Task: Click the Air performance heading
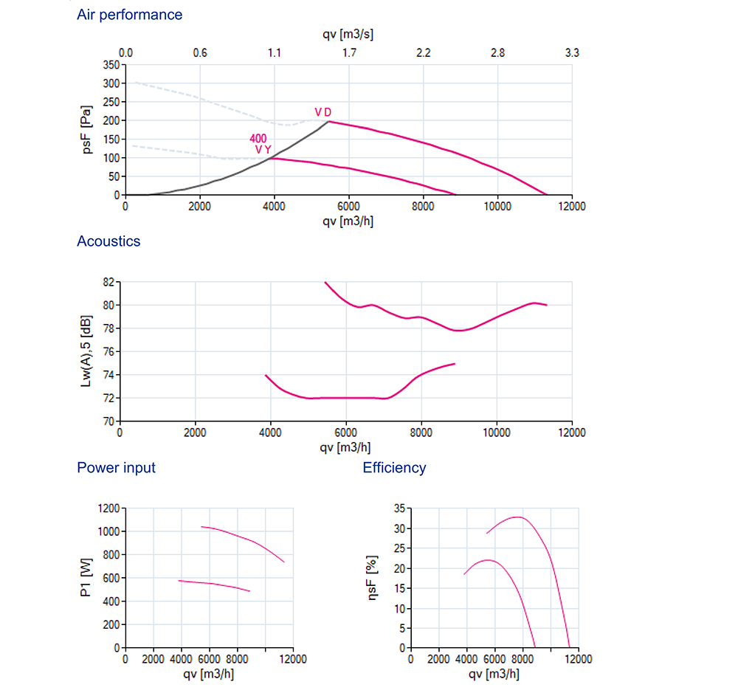129,15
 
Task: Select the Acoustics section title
108,241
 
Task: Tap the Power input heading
117,468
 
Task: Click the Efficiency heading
394,468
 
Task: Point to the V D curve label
323,112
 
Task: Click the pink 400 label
258,139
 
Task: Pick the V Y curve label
263,150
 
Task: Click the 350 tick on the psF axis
111,65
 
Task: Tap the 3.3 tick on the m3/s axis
572,52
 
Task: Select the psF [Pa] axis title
86,129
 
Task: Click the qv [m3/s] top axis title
348,35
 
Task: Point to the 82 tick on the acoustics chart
108,282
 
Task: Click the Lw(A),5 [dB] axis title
86,351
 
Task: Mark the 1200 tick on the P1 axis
108,508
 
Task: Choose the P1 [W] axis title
86,578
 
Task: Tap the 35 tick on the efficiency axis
399,508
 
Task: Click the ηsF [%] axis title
372,578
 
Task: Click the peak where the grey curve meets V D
328,122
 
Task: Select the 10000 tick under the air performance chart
497,207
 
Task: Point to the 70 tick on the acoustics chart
108,421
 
